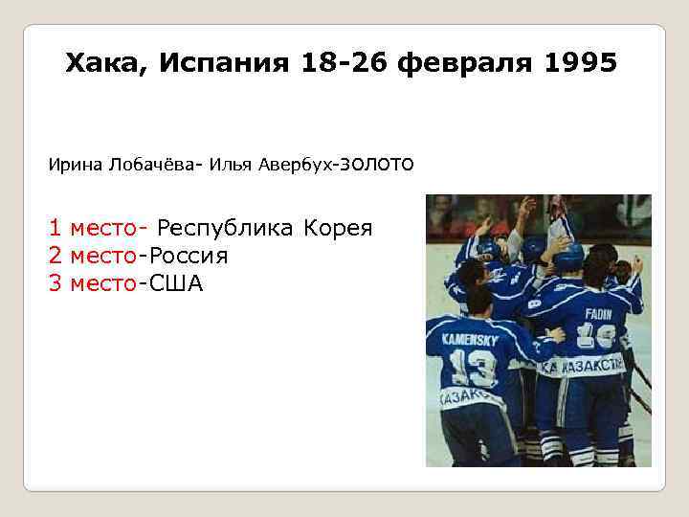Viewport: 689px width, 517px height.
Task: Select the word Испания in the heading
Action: tap(224, 64)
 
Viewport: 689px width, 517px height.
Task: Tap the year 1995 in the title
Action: tap(580, 64)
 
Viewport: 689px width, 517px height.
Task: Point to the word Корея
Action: tap(337, 229)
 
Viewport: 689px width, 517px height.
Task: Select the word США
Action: tap(178, 284)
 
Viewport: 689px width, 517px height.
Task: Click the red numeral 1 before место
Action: tap(55, 229)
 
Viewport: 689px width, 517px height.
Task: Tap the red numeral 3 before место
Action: tap(55, 284)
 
